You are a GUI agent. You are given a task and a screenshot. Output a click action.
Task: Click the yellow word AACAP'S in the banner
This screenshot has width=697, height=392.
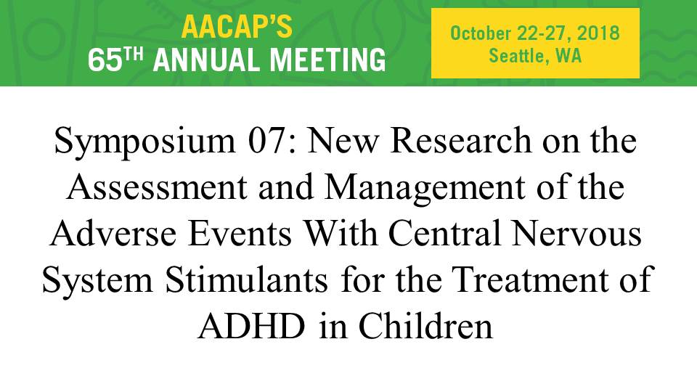pos(237,26)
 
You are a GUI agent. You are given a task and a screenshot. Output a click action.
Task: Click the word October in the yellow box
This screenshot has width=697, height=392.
pos(480,33)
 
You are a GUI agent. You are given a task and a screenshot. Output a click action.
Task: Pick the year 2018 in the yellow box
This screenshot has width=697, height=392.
pos(598,33)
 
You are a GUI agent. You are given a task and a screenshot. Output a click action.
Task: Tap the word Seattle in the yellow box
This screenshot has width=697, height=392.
pos(518,56)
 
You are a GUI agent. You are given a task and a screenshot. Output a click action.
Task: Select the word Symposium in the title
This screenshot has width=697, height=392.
pos(144,140)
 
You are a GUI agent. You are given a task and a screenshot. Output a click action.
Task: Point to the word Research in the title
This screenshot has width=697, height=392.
pos(461,140)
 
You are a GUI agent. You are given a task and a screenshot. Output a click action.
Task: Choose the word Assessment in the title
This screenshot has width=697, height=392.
pos(157,187)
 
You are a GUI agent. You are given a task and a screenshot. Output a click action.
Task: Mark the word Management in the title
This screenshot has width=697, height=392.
pos(425,188)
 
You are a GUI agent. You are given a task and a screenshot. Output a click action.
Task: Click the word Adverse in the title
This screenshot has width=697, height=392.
pos(113,234)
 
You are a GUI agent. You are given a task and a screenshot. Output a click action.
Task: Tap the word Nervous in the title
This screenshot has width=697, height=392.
pos(576,234)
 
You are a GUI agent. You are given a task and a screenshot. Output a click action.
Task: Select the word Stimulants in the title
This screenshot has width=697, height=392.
pos(246,280)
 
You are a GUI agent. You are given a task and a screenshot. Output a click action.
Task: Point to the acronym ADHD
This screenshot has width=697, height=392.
pos(252,327)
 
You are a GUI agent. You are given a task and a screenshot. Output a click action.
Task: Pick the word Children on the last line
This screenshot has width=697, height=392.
pos(425,327)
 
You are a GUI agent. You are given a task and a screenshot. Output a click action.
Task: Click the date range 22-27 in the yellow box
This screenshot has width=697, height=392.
pos(544,33)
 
